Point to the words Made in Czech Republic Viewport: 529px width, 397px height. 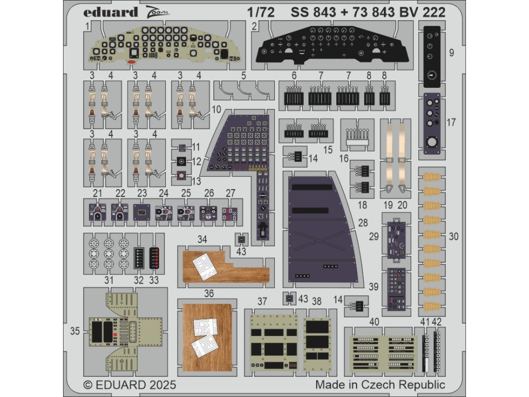coord(380,385)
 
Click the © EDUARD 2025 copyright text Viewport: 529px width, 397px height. coord(130,385)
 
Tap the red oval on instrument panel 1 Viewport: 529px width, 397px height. coord(131,62)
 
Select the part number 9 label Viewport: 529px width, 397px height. coord(451,52)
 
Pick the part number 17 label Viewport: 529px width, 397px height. coord(451,123)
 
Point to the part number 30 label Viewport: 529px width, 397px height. coord(453,237)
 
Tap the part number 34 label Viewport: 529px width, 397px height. coord(202,239)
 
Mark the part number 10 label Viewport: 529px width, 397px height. coord(216,110)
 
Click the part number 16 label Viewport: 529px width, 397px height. coord(345,159)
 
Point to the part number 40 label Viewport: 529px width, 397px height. coord(375,322)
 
